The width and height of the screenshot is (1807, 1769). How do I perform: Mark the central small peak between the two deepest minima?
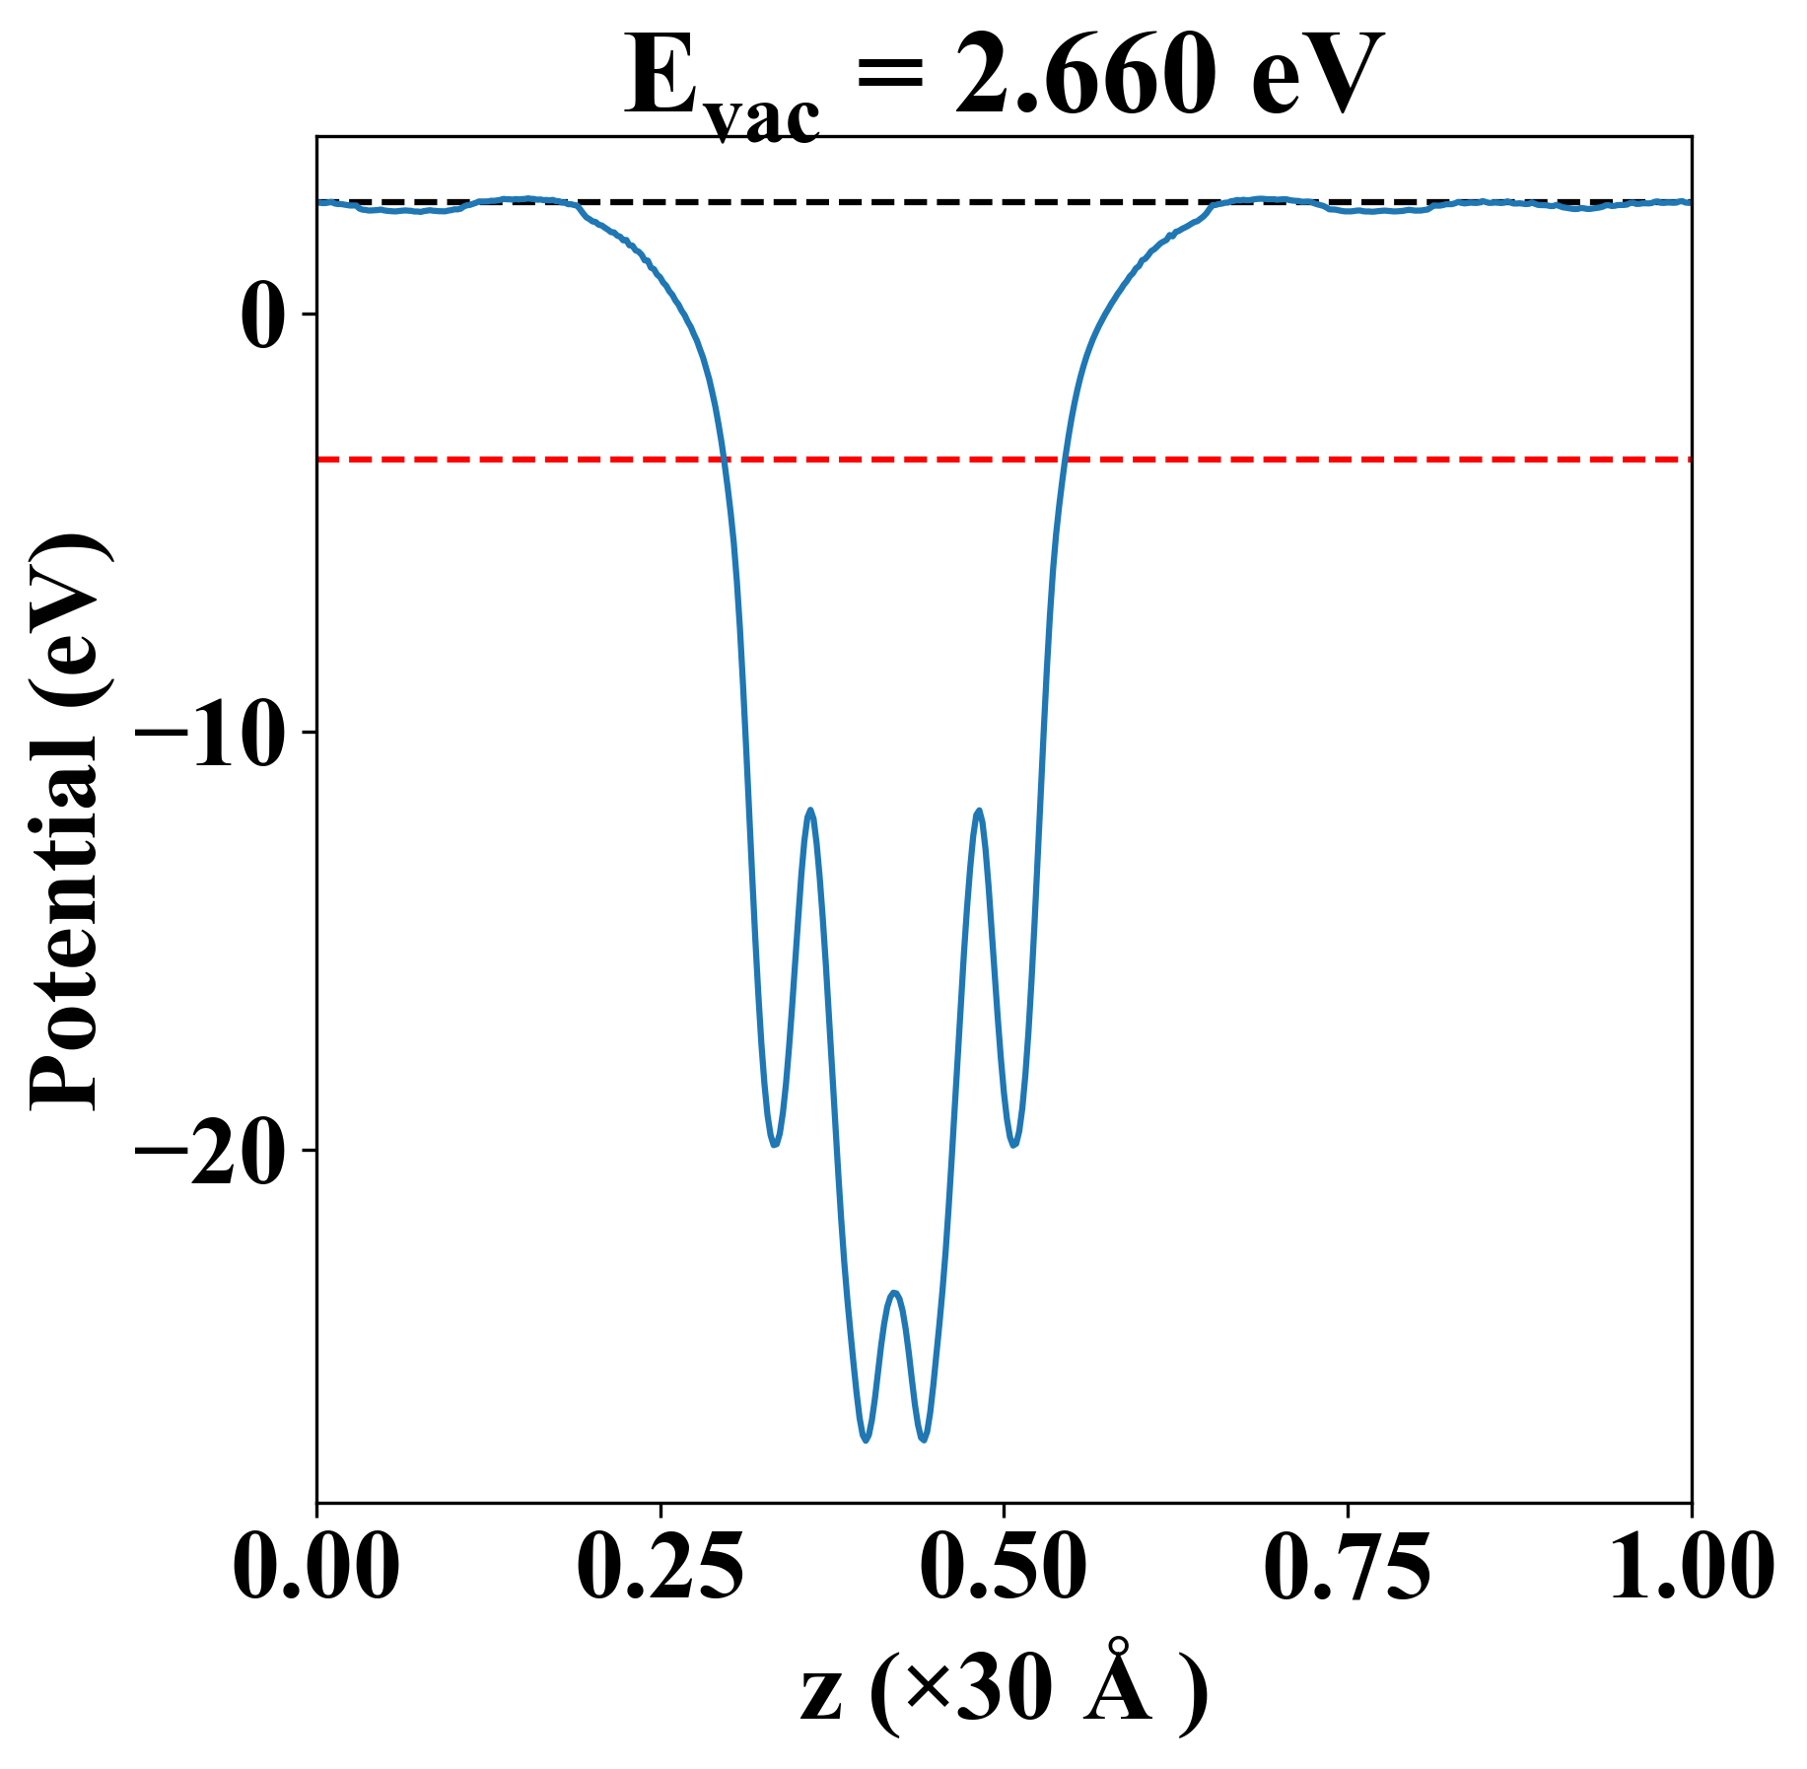894,1293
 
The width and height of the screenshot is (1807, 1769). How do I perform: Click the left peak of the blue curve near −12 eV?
810,811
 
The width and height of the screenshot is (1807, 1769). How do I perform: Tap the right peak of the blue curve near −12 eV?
978,811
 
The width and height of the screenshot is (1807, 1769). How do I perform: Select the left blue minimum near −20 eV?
775,1145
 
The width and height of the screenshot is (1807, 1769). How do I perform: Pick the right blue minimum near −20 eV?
1014,1145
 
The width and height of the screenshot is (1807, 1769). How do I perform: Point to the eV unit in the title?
1311,78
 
